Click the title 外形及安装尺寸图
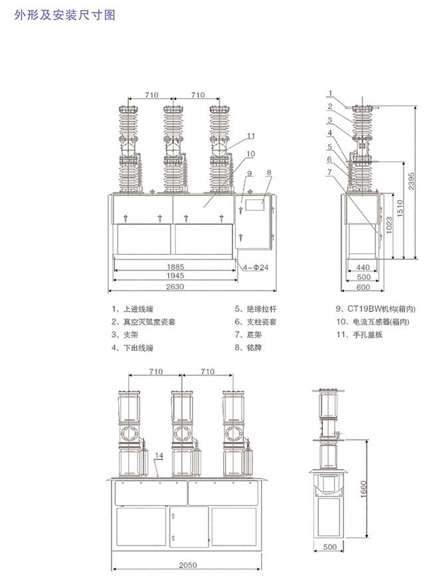coord(64,14)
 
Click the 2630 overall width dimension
coord(175,287)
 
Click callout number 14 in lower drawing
coord(159,456)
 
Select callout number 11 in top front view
coord(251,136)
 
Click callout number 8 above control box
coord(270,173)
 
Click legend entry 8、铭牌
coord(249,348)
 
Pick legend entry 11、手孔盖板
coord(359,334)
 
